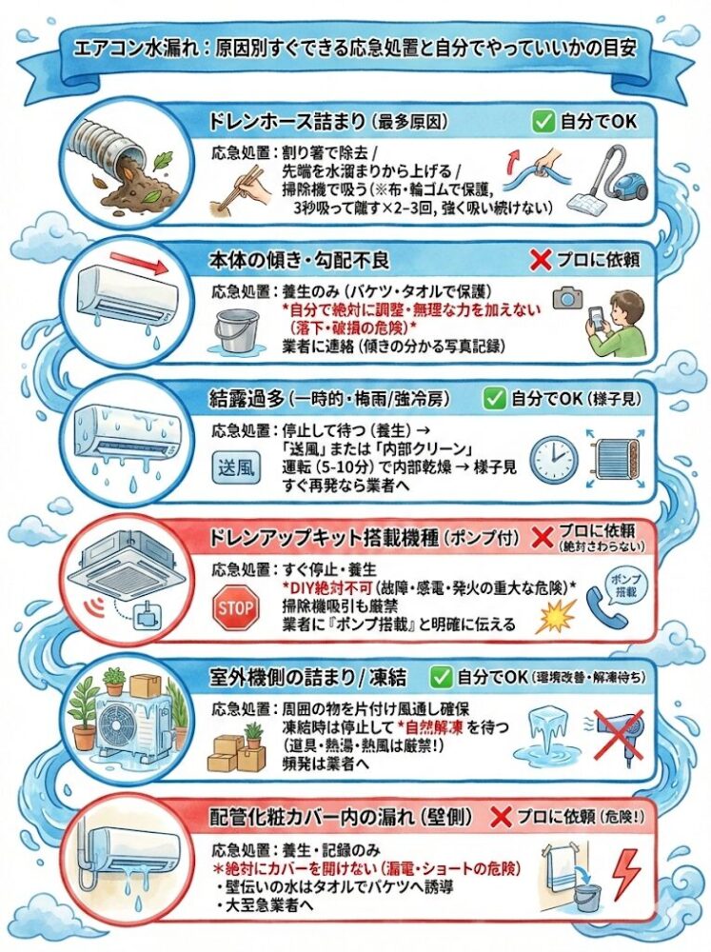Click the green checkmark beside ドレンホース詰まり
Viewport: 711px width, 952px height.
[543, 121]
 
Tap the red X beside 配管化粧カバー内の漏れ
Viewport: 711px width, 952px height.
[501, 816]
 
